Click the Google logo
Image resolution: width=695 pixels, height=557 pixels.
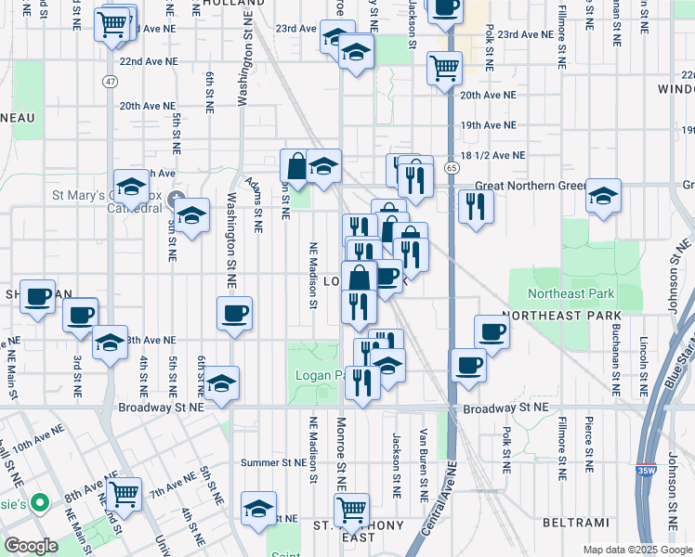tap(31, 546)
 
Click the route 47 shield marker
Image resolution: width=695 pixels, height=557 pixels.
tap(111, 82)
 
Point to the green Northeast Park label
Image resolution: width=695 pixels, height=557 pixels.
tap(571, 294)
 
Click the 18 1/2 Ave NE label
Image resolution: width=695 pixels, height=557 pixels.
tap(492, 156)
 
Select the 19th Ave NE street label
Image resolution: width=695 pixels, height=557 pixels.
tap(488, 124)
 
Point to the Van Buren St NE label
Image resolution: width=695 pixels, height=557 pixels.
tap(424, 460)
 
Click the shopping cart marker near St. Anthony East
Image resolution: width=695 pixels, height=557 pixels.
tap(351, 508)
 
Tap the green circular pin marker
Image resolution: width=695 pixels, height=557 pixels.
tap(39, 504)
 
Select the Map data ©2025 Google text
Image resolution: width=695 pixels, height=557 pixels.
tap(636, 549)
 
